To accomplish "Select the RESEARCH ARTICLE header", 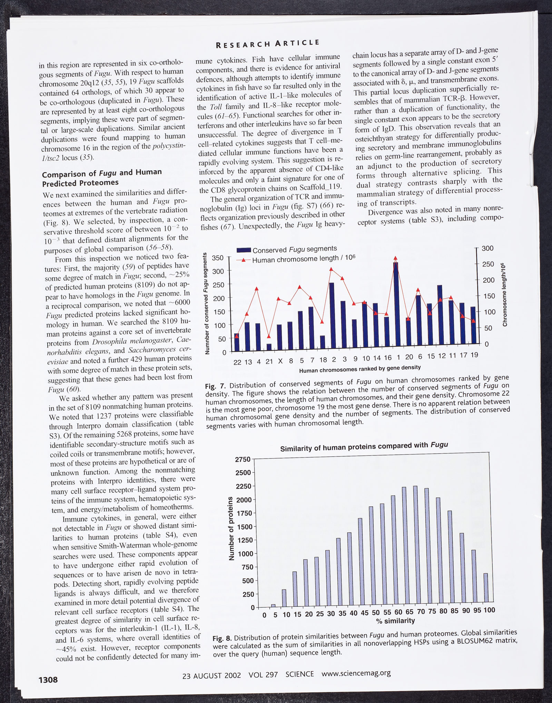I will tap(267, 43).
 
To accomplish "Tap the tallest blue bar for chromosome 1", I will tap(396, 303).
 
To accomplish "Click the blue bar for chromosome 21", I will tap(269, 347).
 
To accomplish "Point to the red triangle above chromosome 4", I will tap(257, 289).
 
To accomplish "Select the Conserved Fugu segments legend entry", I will tap(287, 249).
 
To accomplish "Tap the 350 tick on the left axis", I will tap(218, 258).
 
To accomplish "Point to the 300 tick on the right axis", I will tap(487, 248).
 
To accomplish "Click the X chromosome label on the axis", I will tap(280, 361).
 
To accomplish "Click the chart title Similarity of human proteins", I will tap(364, 447).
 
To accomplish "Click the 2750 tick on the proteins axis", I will tap(243, 460).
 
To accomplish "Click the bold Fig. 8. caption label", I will tap(222, 638).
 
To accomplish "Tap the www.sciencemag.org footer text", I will tap(356, 673).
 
